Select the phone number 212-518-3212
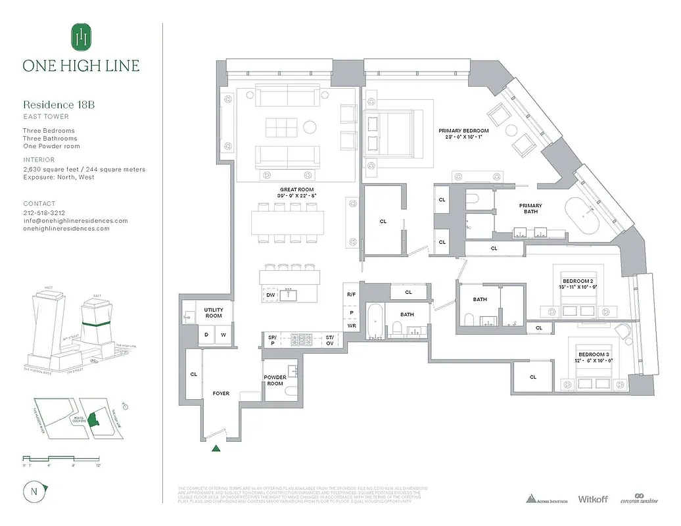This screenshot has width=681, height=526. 44,213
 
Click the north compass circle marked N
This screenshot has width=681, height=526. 34,491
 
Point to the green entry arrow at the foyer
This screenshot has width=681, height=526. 216,448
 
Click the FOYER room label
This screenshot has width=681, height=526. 221,393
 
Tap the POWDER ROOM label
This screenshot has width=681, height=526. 275,381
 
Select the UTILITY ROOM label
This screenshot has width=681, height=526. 214,312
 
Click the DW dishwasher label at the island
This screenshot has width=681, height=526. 270,295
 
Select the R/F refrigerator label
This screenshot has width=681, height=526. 351,295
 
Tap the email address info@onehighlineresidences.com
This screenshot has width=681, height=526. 76,221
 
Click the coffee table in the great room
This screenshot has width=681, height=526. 281,126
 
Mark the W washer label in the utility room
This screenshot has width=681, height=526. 223,335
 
